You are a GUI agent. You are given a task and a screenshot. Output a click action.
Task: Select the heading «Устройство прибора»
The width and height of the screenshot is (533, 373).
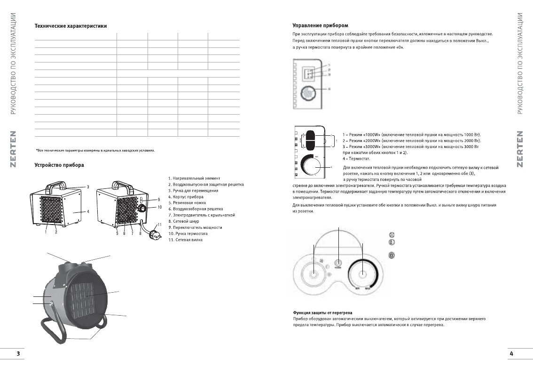[60, 164]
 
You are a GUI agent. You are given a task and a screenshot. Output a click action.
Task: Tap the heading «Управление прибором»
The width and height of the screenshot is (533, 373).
[320, 25]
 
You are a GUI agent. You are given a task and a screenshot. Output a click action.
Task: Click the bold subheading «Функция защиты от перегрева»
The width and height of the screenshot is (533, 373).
[322, 312]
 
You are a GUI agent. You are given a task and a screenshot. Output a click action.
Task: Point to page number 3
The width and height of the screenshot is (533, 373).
[18, 353]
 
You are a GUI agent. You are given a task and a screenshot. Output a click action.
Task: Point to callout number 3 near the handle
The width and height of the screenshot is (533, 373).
[88, 187]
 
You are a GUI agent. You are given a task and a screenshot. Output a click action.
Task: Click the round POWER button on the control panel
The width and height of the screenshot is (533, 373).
[337, 263]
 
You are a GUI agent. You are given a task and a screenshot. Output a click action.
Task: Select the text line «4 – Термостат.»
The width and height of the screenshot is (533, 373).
[357, 159]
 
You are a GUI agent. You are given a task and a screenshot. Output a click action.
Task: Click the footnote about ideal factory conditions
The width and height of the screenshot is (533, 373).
[95, 150]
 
